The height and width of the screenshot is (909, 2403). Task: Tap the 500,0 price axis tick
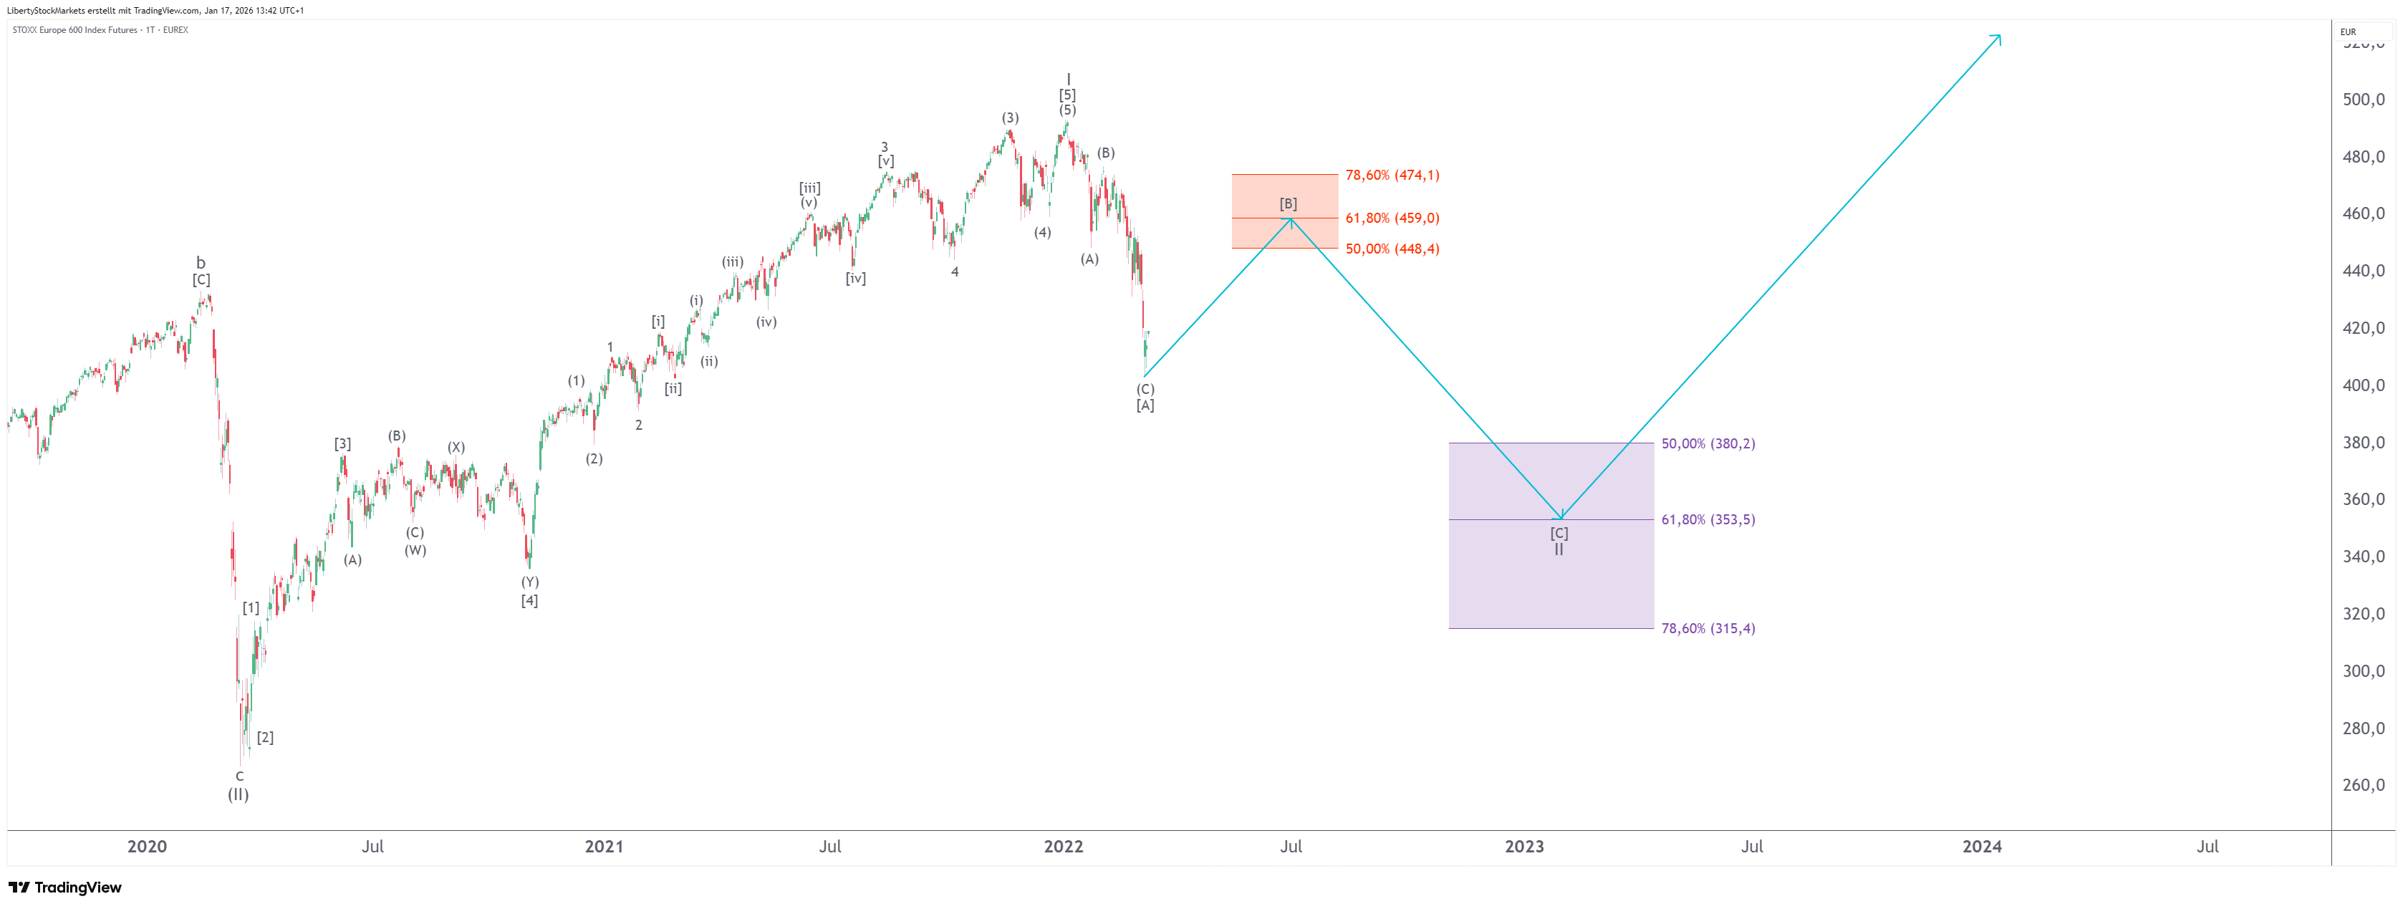pos(2363,100)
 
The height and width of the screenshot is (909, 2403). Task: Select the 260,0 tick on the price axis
pos(2363,785)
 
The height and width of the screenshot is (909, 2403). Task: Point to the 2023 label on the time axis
pos(1523,847)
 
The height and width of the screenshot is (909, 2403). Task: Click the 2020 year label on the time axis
pos(146,847)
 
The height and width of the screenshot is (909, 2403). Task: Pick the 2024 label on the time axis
pos(1981,847)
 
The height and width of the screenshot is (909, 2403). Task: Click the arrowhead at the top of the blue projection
pos(1997,37)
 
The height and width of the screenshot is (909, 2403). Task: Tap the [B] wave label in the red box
pos(1287,203)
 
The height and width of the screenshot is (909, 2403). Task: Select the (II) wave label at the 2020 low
pos(239,794)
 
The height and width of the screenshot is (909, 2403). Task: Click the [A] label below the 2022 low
pos(1145,405)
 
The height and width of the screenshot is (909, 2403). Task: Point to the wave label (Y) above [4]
pos(530,582)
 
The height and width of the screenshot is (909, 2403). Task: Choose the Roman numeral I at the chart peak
pos(1068,80)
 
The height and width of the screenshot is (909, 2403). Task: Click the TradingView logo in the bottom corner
pos(65,887)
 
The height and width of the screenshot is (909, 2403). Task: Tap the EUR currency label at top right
pos(2348,32)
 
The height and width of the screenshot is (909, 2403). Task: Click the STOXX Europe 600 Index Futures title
pos(74,30)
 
